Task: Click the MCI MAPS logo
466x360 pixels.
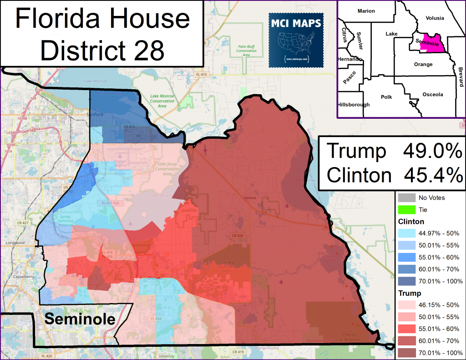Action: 296,40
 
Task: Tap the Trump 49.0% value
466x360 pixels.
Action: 432,152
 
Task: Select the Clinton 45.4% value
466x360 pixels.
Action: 432,175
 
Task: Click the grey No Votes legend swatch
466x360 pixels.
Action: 406,198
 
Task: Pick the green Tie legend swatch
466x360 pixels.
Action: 406,210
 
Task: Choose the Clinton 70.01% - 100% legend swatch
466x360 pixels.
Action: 406,281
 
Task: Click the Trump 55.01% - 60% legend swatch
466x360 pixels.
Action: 406,329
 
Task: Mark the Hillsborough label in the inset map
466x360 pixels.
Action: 354,105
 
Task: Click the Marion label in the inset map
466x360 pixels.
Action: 366,11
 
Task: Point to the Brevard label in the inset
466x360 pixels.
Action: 460,73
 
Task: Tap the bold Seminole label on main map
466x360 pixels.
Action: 79,319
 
